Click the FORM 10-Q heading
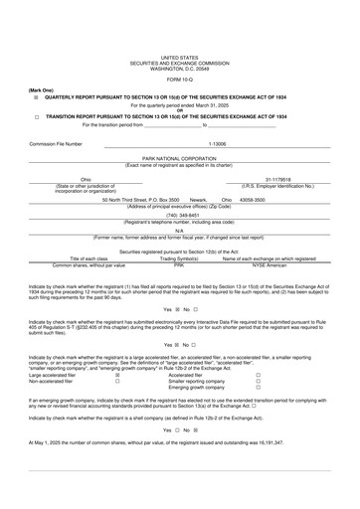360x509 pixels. pyautogui.click(x=179, y=80)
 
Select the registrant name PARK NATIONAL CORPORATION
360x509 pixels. pyautogui.click(x=179, y=157)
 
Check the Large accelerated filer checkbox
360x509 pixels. pyautogui.click(x=117, y=403)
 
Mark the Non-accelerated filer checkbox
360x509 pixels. pyautogui.click(x=117, y=409)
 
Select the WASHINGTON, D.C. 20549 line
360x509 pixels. pyautogui.click(x=179, y=68)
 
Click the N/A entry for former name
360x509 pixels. pyautogui.click(x=179, y=231)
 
